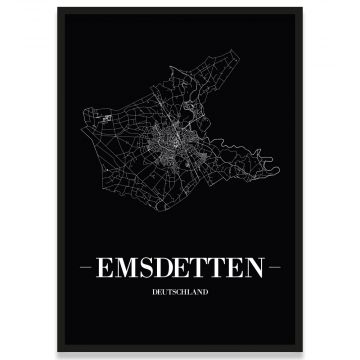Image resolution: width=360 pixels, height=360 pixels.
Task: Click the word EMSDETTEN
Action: tap(180, 268)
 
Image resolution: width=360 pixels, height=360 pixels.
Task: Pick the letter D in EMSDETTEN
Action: tap(167, 268)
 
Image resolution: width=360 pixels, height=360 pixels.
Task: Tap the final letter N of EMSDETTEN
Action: tap(258, 268)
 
